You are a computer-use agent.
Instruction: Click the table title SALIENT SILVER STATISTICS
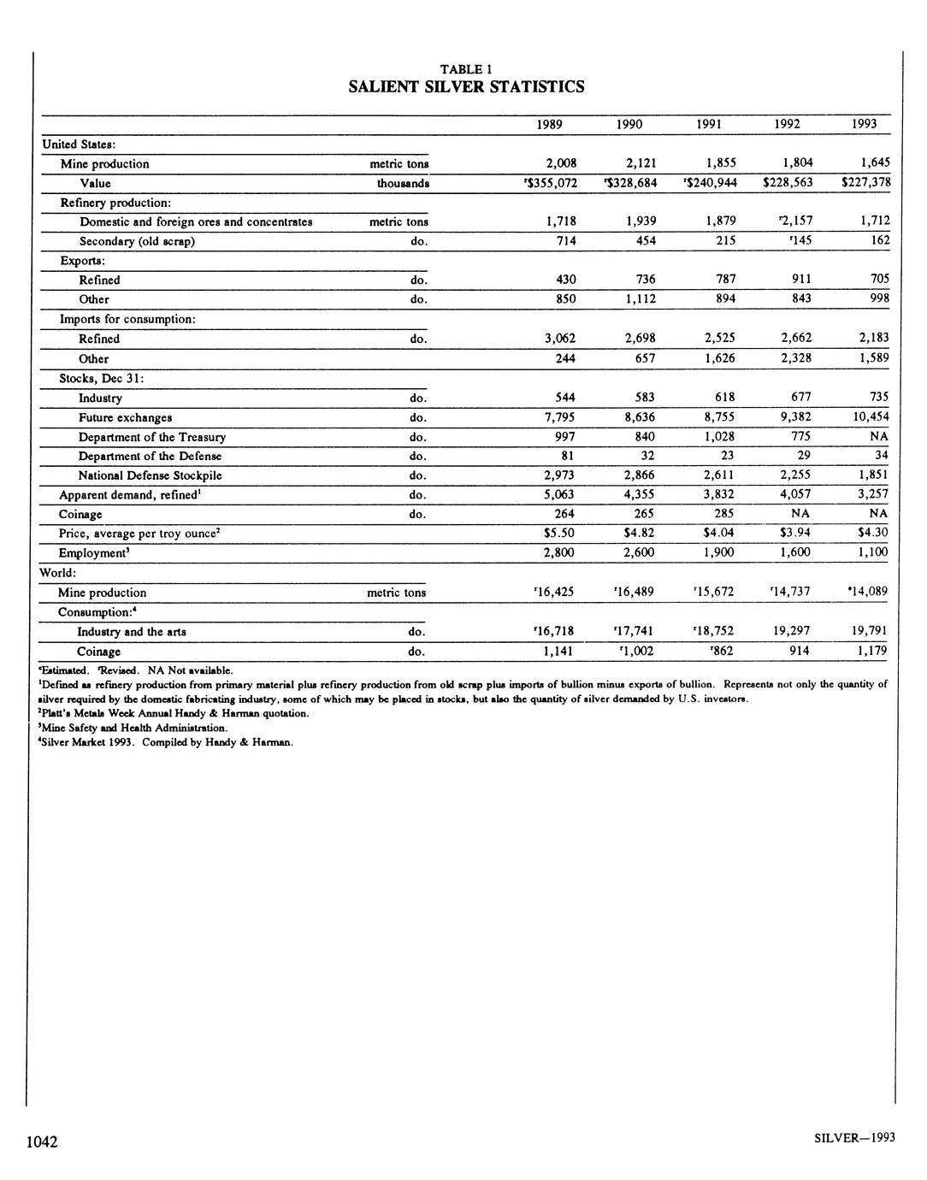click(x=466, y=86)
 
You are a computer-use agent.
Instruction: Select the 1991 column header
click(x=708, y=124)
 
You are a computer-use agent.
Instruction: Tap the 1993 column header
click(x=864, y=124)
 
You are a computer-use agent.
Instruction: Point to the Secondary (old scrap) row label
click(x=137, y=241)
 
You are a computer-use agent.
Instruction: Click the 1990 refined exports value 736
click(x=640, y=280)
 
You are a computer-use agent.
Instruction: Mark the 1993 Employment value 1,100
click(x=871, y=552)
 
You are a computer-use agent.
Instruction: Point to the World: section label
click(x=58, y=572)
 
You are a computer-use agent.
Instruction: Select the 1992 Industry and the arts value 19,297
click(x=791, y=631)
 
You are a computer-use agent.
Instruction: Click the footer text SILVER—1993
click(x=854, y=1137)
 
